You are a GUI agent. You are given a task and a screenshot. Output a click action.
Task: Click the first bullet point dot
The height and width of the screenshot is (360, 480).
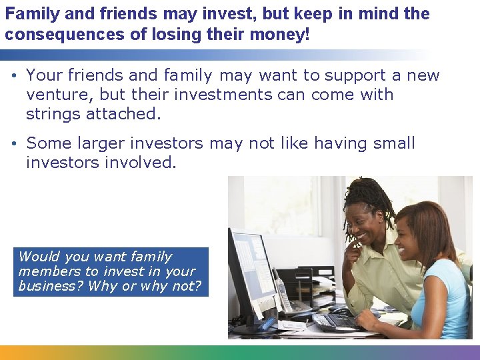point(14,76)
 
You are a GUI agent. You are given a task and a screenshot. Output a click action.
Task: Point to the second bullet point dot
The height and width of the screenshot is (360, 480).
point(14,144)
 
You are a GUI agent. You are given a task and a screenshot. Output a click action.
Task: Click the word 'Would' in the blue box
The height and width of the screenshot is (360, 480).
point(39,257)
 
